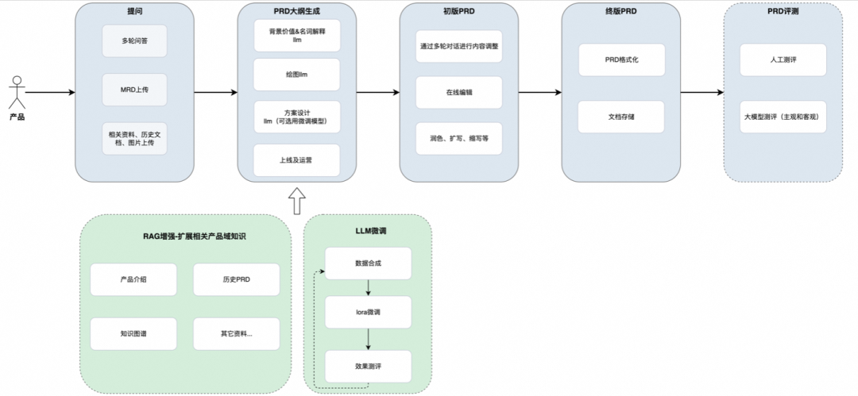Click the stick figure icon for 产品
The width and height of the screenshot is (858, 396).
(16, 91)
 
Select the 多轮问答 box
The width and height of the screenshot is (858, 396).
(134, 40)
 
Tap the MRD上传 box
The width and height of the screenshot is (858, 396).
(134, 90)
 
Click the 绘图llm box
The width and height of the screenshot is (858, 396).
(296, 74)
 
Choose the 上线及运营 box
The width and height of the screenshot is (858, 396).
(296, 160)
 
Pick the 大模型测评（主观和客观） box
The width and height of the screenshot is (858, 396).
(783, 117)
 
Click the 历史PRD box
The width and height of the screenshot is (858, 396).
(236, 279)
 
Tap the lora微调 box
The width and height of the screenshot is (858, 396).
(368, 313)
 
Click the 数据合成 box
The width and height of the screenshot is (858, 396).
(368, 263)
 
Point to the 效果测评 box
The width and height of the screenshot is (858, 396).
(368, 366)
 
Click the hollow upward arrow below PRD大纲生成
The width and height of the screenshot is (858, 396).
(296, 202)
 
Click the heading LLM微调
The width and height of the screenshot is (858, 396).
(368, 230)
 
